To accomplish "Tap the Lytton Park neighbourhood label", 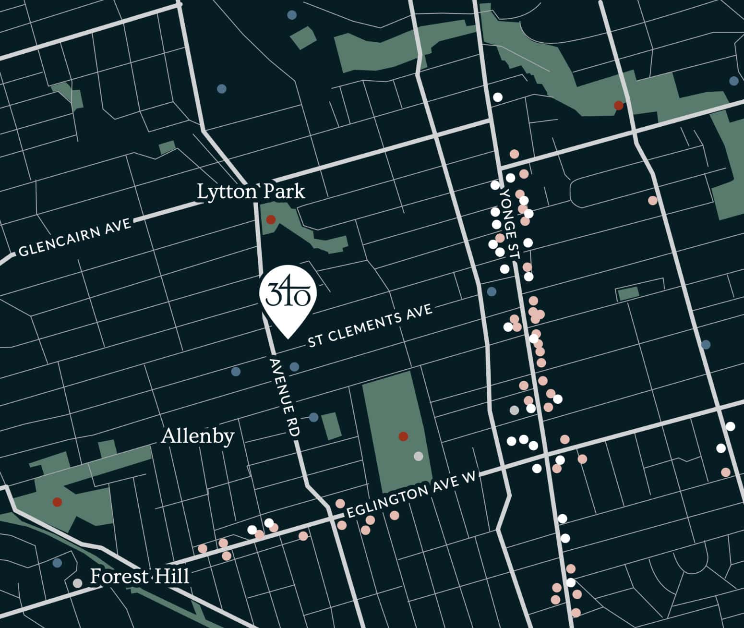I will pyautogui.click(x=251, y=192).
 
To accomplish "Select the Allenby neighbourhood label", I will pyautogui.click(x=198, y=436).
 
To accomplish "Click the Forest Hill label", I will pyautogui.click(x=140, y=576).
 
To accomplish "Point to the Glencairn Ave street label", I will pyautogui.click(x=74, y=238).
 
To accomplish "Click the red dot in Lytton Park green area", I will pyautogui.click(x=271, y=219).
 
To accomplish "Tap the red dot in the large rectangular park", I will pyautogui.click(x=403, y=436).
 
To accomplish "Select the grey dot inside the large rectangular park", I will pyautogui.click(x=419, y=456).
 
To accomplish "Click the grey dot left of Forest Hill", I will pyautogui.click(x=77, y=583).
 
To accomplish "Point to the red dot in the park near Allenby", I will pyautogui.click(x=57, y=502).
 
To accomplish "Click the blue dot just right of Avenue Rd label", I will pyautogui.click(x=294, y=367).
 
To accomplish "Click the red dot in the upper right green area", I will pyautogui.click(x=619, y=105).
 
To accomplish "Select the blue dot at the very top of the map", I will pyautogui.click(x=291, y=15).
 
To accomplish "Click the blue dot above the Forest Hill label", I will pyautogui.click(x=57, y=562).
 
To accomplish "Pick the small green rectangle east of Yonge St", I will pyautogui.click(x=628, y=294).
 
